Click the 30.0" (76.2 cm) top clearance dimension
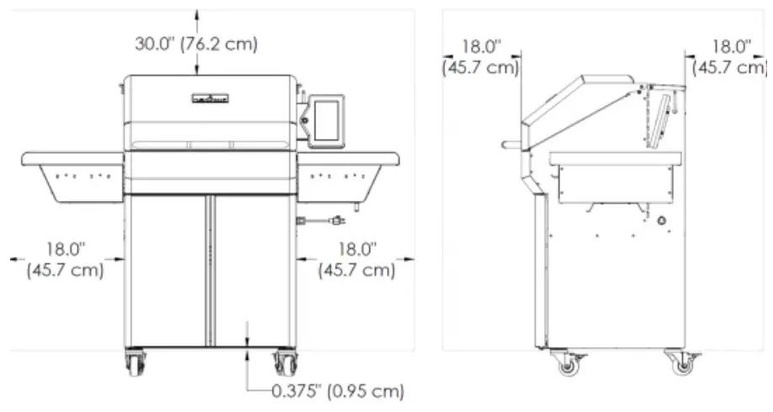click(x=196, y=44)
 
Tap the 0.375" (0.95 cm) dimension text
click(x=338, y=391)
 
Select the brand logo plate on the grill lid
click(x=210, y=98)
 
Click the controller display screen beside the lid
click(x=326, y=121)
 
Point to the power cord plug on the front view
click(x=337, y=220)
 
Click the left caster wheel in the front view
click(x=135, y=363)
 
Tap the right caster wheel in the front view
click(x=285, y=363)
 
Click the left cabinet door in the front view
click(x=168, y=271)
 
